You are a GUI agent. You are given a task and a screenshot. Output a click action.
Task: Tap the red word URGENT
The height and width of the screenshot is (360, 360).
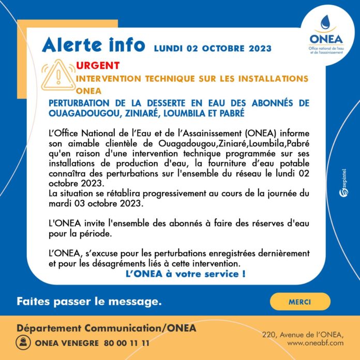click(x=97, y=66)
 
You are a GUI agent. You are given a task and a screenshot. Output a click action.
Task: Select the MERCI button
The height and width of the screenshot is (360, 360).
click(x=301, y=301)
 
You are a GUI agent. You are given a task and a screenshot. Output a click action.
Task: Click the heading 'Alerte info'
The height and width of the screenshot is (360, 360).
click(x=94, y=45)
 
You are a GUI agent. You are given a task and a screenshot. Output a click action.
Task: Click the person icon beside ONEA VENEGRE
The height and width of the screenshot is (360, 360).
click(x=24, y=342)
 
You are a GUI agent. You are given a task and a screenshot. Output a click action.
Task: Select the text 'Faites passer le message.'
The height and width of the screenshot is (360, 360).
click(x=89, y=300)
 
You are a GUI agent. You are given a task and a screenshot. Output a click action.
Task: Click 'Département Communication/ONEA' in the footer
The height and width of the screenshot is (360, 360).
click(x=107, y=328)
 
